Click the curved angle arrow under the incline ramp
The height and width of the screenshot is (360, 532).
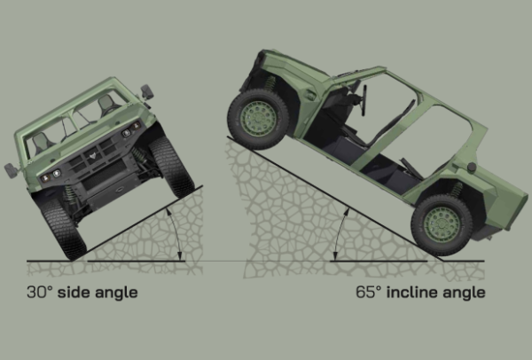point(339,234)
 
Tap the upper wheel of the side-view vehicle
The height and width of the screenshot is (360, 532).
point(258,119)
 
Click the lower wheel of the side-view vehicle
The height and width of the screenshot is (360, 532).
point(442,224)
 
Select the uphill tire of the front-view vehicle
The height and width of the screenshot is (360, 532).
point(172,166)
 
